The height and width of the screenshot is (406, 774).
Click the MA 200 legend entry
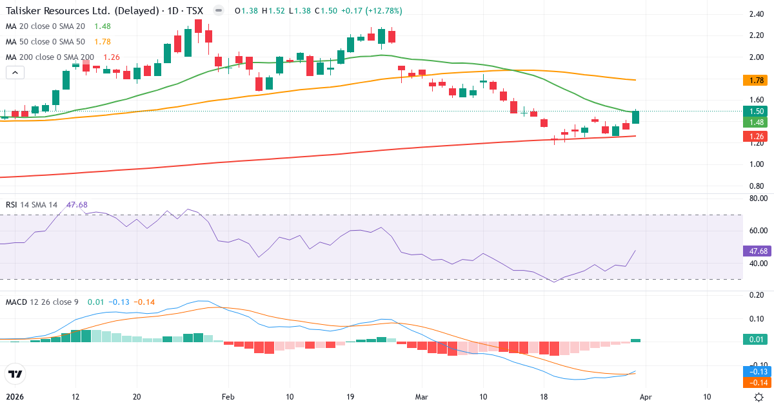tap(50, 57)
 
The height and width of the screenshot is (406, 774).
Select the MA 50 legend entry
tap(45, 41)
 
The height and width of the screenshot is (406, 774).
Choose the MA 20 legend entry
tap(45, 26)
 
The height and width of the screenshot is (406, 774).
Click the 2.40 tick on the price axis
tap(757, 14)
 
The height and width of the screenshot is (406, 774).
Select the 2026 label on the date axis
tap(15, 397)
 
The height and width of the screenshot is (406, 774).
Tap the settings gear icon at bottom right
tap(759, 397)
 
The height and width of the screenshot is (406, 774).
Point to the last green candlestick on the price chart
tap(636, 117)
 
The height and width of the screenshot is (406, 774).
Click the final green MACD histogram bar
tap(636, 340)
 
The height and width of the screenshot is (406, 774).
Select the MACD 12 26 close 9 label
tap(43, 302)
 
